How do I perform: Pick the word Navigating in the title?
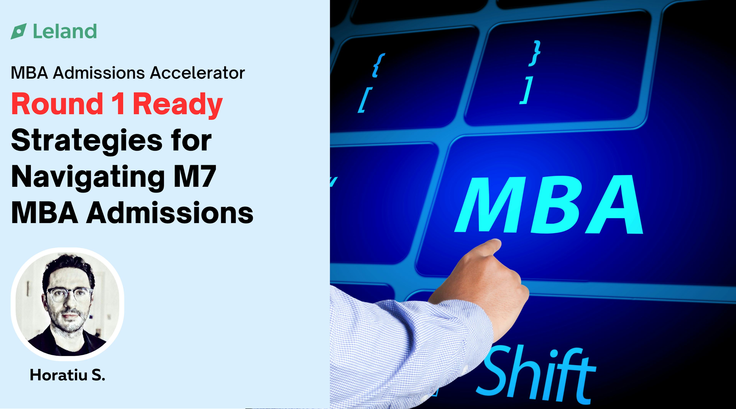coord(87,178)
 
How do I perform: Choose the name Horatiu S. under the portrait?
coord(67,375)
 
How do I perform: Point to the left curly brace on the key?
coord(379,65)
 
